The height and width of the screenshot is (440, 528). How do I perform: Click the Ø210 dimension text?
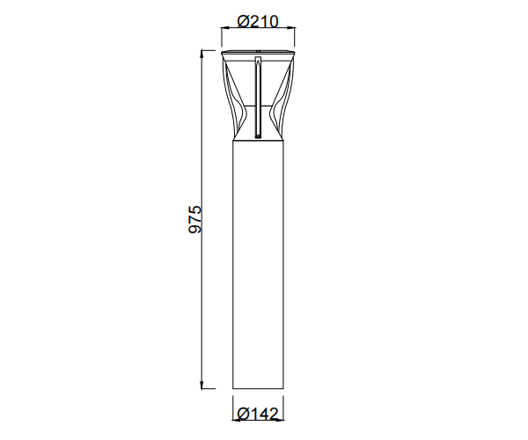click(x=258, y=22)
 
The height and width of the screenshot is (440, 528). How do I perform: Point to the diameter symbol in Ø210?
click(x=244, y=22)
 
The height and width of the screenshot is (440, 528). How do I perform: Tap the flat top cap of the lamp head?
click(x=258, y=55)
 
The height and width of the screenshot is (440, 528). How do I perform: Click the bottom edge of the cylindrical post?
click(x=258, y=388)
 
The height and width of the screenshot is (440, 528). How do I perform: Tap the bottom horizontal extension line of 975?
click(x=216, y=388)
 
